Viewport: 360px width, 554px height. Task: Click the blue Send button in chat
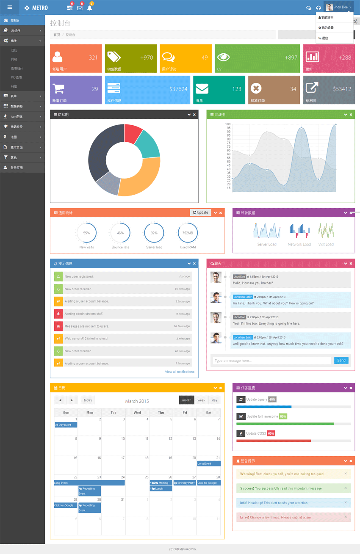[341, 361]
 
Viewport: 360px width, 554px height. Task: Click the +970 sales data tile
[130, 58]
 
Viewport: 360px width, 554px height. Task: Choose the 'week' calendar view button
[201, 400]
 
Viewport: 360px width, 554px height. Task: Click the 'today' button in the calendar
[88, 400]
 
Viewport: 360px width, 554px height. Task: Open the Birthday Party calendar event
[184, 482]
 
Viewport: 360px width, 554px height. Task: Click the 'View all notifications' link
[180, 372]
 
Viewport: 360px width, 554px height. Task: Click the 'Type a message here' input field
[271, 361]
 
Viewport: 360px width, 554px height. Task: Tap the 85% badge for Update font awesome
[283, 416]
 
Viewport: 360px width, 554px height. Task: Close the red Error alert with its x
[346, 517]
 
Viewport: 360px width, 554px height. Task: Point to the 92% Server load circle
[154, 233]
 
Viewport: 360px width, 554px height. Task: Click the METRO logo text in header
[40, 8]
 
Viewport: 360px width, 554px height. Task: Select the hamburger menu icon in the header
[10, 8]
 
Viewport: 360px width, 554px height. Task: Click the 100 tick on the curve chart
[228, 124]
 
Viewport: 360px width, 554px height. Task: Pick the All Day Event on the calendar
[66, 425]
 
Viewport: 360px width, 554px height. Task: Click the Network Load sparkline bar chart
[299, 231]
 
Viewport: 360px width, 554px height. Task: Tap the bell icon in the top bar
[90, 8]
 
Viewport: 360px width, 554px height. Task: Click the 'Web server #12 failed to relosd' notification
[123, 339]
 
